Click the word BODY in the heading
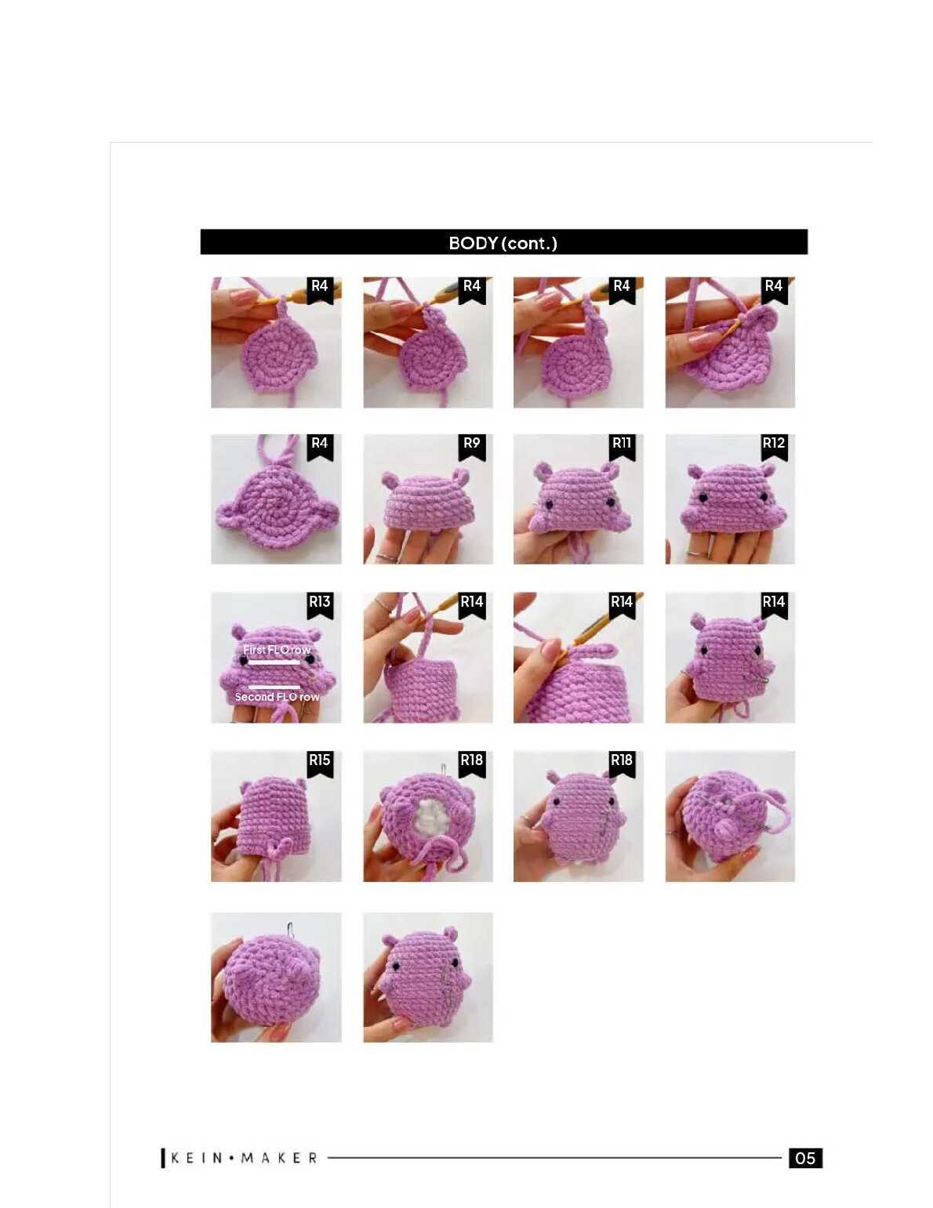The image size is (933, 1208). pyautogui.click(x=473, y=243)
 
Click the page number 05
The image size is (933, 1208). pyautogui.click(x=805, y=1158)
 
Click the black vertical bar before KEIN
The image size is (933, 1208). pyautogui.click(x=163, y=1158)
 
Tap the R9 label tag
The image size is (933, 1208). pyautogui.click(x=471, y=446)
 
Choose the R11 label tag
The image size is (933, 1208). pyautogui.click(x=622, y=446)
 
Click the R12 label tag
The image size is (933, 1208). pyautogui.click(x=773, y=446)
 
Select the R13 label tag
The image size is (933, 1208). pyautogui.click(x=320, y=605)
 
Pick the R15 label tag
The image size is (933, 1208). pyautogui.click(x=320, y=764)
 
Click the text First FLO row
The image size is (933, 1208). pyautogui.click(x=276, y=649)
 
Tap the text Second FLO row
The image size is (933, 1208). pyautogui.click(x=277, y=697)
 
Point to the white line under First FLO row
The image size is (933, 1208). pyautogui.click(x=274, y=662)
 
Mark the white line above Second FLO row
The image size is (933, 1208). pyautogui.click(x=274, y=687)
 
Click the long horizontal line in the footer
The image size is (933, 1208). pyautogui.click(x=554, y=1158)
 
